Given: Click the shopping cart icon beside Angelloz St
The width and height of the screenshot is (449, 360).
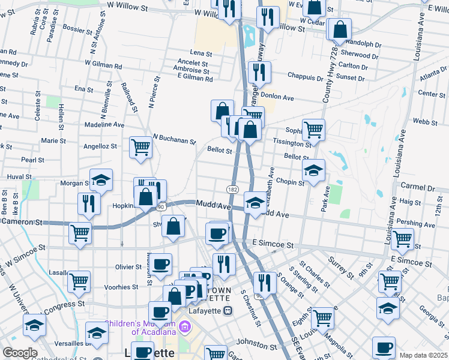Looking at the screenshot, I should pos(140,145).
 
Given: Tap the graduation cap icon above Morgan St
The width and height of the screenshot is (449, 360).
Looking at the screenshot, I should pos(101,178).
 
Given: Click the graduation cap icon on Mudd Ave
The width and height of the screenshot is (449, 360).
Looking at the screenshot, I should pos(255,202).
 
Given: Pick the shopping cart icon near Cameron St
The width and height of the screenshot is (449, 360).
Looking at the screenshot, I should pos(80,232).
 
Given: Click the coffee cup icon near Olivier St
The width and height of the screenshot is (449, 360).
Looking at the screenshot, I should pos(161,263).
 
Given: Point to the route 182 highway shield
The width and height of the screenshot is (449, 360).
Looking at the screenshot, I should pos(232,188).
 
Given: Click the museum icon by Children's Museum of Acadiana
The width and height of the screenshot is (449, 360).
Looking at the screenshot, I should pos(185,328).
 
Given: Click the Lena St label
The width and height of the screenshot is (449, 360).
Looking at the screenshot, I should pos(201,53).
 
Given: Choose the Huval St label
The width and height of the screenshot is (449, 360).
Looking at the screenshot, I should pos(19,177).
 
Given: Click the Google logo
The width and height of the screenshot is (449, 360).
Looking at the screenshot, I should pos(20,353).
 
